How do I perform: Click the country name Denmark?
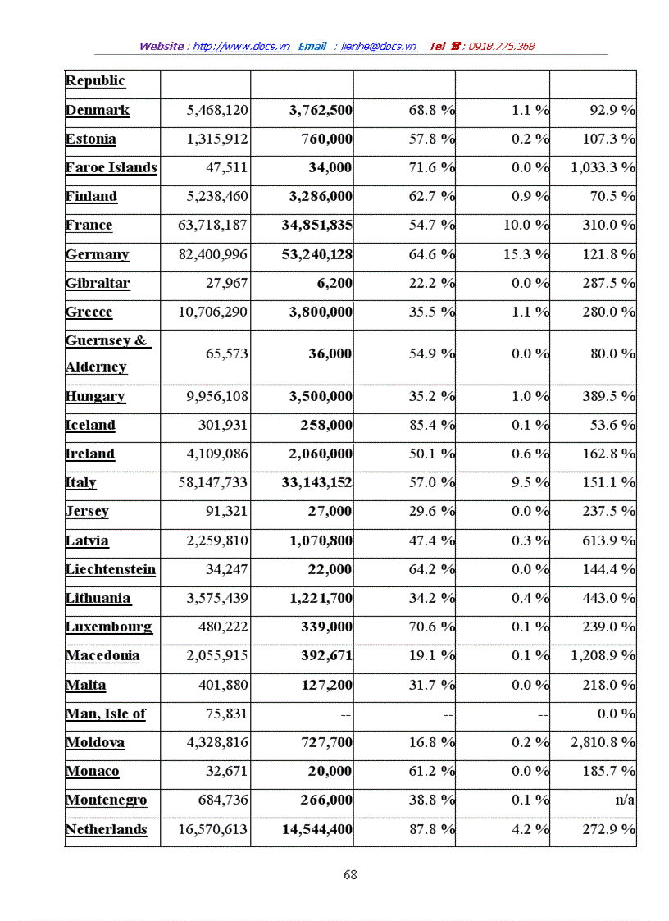coord(98,111)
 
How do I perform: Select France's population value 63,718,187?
coord(213,226)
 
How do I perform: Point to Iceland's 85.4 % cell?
coord(432,425)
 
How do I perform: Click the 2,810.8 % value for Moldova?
coord(603,742)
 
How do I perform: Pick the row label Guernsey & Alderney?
coord(107,353)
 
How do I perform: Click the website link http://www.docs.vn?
coord(242,47)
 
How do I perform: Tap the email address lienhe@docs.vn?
coord(379,47)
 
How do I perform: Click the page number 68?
coord(350,874)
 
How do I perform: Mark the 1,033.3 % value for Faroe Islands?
coord(603,168)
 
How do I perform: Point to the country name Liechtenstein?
coord(111,569)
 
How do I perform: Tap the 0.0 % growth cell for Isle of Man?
coord(617,714)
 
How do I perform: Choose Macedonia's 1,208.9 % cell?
coord(603,656)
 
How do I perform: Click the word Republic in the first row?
coord(95,80)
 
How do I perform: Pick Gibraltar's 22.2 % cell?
coord(432,283)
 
